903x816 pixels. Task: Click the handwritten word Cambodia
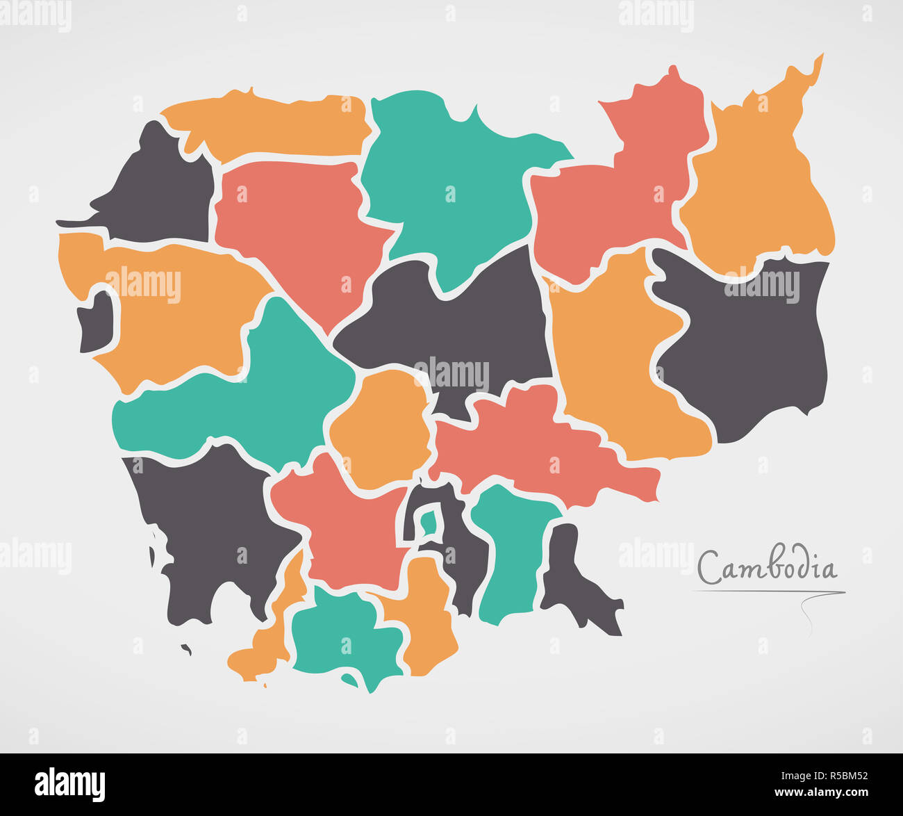(x=767, y=568)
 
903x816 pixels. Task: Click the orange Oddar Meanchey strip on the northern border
(x=271, y=125)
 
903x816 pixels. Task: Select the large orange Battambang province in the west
(x=174, y=313)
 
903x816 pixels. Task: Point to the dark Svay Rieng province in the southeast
(x=573, y=577)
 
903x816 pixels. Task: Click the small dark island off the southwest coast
(x=186, y=650)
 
